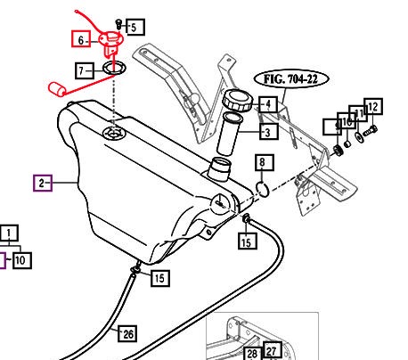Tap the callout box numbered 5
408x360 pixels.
135,27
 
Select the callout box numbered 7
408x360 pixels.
86,70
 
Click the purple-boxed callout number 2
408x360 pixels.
42,184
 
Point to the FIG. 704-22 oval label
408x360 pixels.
291,78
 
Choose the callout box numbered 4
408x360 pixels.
267,104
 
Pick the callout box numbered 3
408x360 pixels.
267,132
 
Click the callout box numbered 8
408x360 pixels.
261,162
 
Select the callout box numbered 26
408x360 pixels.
128,333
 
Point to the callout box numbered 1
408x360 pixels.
11,234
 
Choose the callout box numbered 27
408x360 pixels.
273,351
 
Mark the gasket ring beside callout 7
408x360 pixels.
112,68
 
